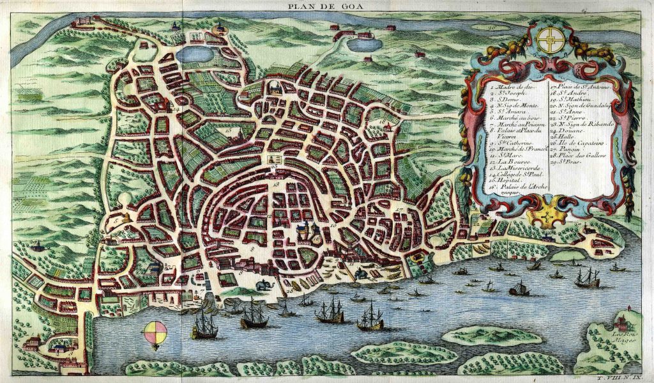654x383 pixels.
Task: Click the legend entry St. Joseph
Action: point(510,93)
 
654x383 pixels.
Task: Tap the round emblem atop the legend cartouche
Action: point(548,40)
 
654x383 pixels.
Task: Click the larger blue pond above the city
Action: point(195,54)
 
